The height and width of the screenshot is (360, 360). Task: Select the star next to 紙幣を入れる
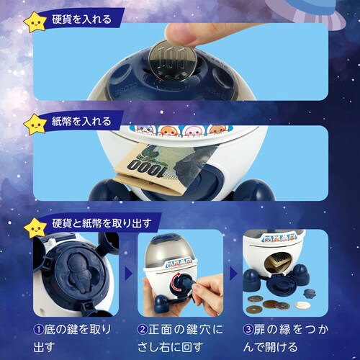coord(34,124)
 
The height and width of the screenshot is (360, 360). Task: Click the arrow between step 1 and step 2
coord(127,274)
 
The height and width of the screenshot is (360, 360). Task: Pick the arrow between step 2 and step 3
coord(233,274)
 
